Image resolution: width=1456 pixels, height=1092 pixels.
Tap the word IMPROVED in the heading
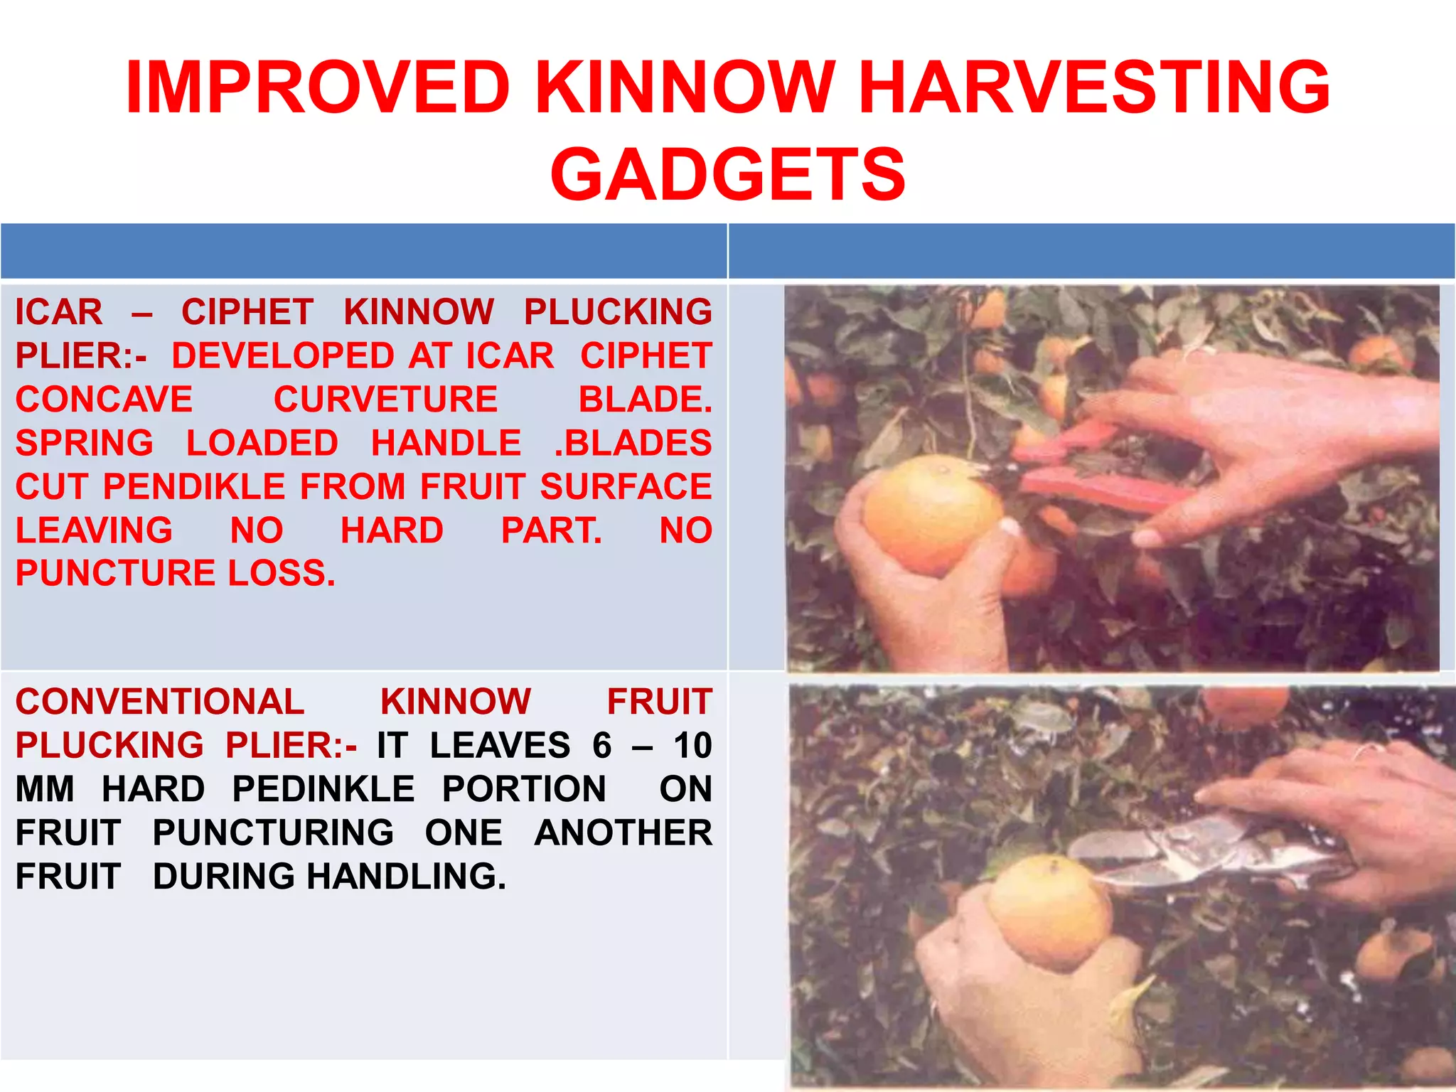point(318,87)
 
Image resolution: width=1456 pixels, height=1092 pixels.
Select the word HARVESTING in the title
point(1095,87)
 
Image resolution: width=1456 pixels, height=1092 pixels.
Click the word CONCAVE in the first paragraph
point(104,400)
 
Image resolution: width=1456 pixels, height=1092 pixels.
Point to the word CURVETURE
point(385,400)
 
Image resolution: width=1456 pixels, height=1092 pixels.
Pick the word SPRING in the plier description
point(84,444)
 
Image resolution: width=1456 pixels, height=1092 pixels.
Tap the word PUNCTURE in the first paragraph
point(115,574)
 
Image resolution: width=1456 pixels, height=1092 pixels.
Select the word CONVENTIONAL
point(160,702)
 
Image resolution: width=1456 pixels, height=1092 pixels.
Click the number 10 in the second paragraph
point(692,746)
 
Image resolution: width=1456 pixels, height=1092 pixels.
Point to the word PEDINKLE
point(323,789)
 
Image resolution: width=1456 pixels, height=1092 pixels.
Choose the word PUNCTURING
point(273,833)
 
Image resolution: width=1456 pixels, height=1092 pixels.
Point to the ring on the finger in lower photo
point(1366,751)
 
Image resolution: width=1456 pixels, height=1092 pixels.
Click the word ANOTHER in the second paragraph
point(623,833)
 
